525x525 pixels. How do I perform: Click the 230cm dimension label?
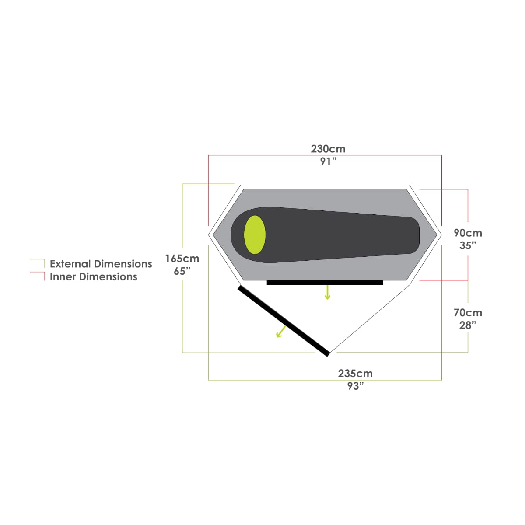coord(328,149)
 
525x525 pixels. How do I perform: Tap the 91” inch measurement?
coord(328,161)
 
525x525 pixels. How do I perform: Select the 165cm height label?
coord(182,259)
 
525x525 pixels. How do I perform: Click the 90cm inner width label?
coord(468,233)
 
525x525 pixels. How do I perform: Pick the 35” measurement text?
coord(468,245)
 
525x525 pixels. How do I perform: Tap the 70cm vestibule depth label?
coord(468,312)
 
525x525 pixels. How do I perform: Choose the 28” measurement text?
coord(468,325)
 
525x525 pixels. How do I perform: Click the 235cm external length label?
coord(355,373)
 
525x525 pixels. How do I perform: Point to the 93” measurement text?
coord(355,386)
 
